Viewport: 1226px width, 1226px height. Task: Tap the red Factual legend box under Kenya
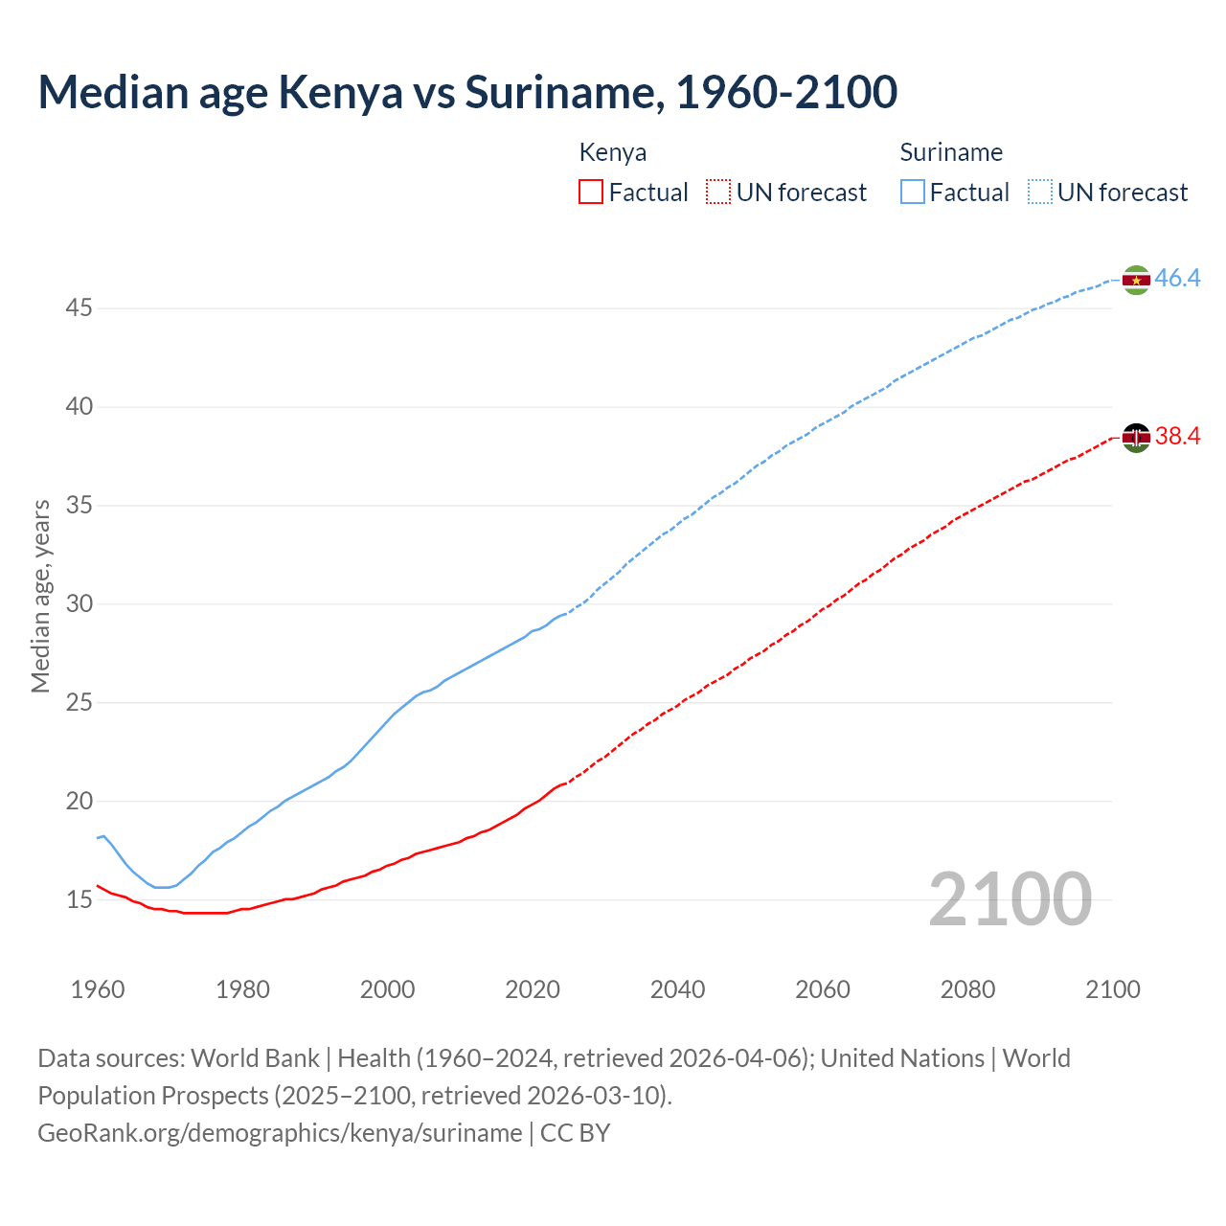(x=591, y=193)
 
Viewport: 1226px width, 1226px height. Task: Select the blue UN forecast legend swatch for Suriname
(x=1040, y=193)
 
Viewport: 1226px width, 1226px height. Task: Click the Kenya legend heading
(x=613, y=152)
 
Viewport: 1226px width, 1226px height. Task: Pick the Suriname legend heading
(x=951, y=152)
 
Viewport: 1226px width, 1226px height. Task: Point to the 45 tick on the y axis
(x=79, y=308)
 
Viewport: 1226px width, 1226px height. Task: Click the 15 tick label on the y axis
(x=79, y=900)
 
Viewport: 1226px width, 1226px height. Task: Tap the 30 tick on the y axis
(x=79, y=604)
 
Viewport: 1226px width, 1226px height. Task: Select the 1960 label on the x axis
(x=98, y=989)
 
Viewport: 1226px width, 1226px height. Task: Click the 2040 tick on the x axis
(x=677, y=989)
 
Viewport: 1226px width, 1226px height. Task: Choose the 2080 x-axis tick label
(x=967, y=989)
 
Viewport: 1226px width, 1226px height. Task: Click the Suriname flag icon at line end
(x=1136, y=280)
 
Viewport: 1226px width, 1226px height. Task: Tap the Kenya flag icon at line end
(x=1136, y=438)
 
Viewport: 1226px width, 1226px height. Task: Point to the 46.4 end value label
(x=1177, y=279)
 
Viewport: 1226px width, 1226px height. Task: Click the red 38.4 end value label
(x=1177, y=437)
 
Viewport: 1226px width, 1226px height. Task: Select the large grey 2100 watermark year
(x=1010, y=898)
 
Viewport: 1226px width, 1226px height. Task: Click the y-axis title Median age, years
(x=40, y=596)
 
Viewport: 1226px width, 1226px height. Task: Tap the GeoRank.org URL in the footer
(x=280, y=1133)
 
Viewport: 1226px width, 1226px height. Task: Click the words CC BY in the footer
(x=575, y=1133)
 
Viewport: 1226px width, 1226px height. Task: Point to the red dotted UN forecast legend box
(x=718, y=193)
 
